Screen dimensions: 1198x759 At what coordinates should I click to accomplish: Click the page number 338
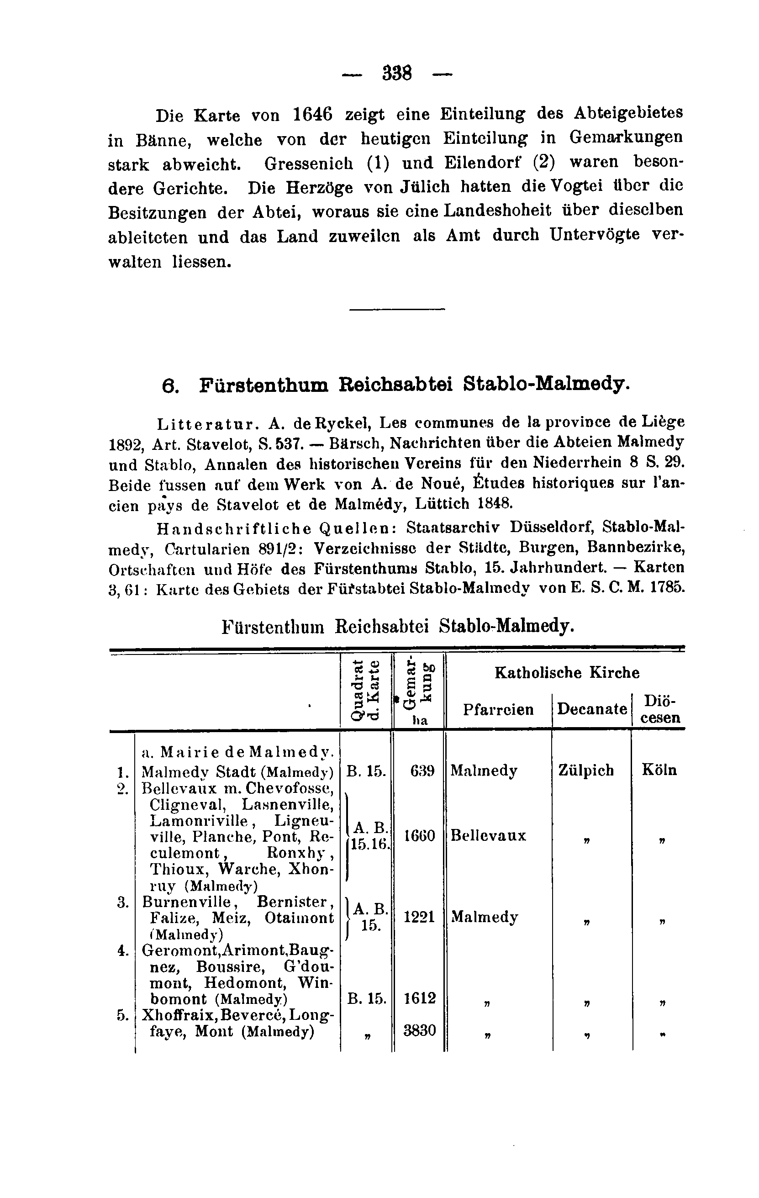tap(397, 74)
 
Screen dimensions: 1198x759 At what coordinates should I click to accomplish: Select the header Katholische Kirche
tap(567, 673)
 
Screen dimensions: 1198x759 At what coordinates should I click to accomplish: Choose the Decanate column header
tap(591, 708)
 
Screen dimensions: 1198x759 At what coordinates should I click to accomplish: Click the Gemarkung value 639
tap(422, 771)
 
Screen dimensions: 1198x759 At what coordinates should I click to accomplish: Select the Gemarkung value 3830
tap(419, 1030)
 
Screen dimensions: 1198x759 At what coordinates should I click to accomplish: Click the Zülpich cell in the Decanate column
tap(586, 770)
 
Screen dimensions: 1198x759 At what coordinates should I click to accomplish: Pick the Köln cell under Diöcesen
tap(659, 770)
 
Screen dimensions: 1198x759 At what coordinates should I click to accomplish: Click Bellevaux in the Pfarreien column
tap(488, 835)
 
